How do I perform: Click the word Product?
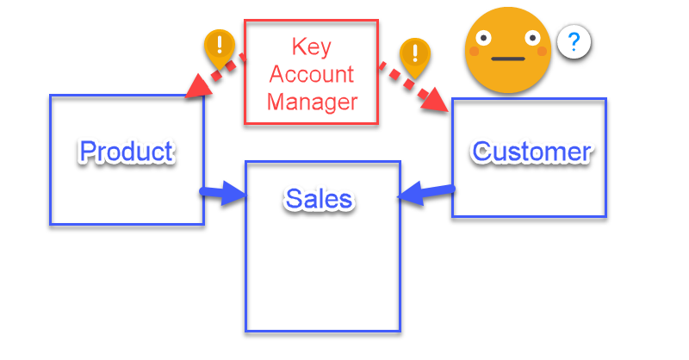(x=127, y=152)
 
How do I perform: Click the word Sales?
(x=319, y=199)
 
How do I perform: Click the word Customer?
(x=531, y=152)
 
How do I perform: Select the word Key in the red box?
(x=311, y=45)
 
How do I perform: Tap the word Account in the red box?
(x=311, y=73)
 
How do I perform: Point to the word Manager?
(x=311, y=102)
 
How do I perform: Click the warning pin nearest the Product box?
(x=220, y=47)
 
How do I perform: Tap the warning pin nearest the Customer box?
(x=416, y=55)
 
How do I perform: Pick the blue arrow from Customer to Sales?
(x=425, y=193)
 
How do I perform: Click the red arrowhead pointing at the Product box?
(x=199, y=84)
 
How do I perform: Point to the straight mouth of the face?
(x=507, y=60)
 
